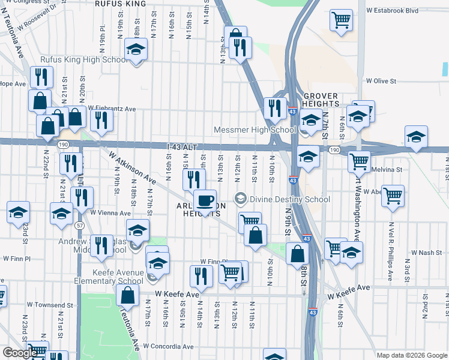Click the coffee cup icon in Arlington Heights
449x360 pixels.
[x=205, y=200]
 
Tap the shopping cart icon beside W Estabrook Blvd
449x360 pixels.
[x=341, y=19]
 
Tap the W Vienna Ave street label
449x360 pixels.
[x=110, y=213]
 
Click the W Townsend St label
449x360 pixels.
[x=25, y=305]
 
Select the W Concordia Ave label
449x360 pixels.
[x=169, y=346]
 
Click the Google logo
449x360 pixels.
[x=20, y=353]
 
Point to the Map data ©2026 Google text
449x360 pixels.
[x=412, y=355]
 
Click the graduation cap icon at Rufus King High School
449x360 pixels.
[x=136, y=50]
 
